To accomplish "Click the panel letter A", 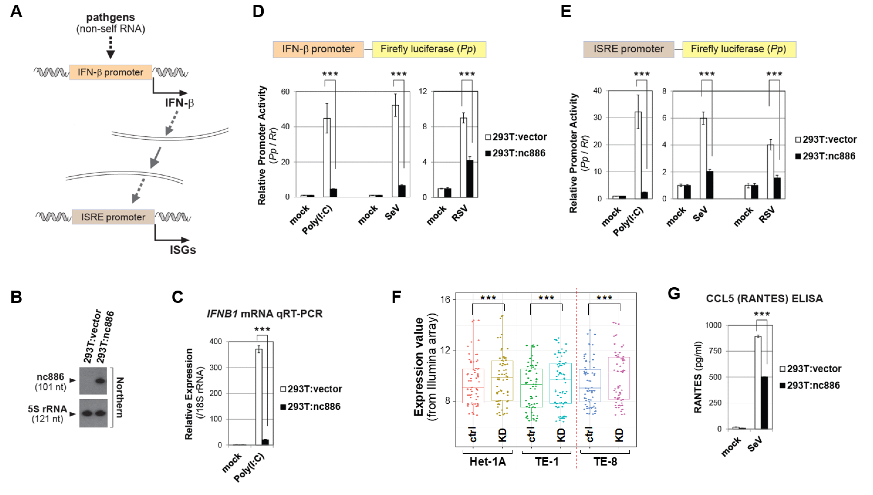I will [16, 12].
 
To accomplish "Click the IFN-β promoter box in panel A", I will [110, 72].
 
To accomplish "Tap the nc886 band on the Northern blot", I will [100, 381].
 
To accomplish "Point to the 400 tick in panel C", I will [216, 341].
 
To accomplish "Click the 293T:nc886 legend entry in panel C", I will [310, 407].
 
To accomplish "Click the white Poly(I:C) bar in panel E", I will [638, 155].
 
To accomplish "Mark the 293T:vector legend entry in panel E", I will [826, 139].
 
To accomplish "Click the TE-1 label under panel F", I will [546, 462].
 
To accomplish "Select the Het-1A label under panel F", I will [488, 462].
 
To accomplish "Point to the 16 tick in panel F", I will [445, 299].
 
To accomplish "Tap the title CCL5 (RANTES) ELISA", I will [764, 299].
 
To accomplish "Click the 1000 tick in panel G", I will [713, 325].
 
